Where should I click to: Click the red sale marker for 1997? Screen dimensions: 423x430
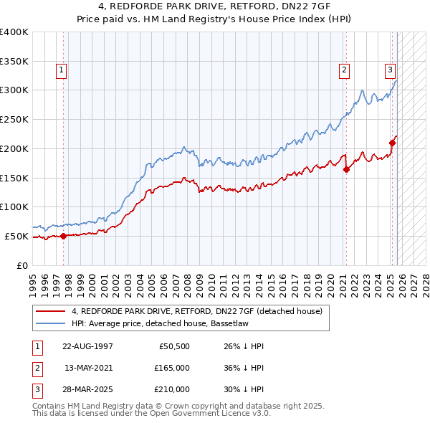63,235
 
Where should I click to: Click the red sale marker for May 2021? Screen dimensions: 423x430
346,169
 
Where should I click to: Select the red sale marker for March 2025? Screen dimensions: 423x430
393,143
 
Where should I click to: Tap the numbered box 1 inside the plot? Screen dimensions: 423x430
62,70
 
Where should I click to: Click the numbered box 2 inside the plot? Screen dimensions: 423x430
345,70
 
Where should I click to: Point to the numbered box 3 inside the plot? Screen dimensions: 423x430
390,70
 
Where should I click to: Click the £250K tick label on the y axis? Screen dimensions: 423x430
14,119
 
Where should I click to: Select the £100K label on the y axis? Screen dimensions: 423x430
14,206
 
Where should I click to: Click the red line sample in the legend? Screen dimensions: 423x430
50,311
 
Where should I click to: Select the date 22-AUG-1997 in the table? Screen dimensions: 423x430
87,346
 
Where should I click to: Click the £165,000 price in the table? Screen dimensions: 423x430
173,368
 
